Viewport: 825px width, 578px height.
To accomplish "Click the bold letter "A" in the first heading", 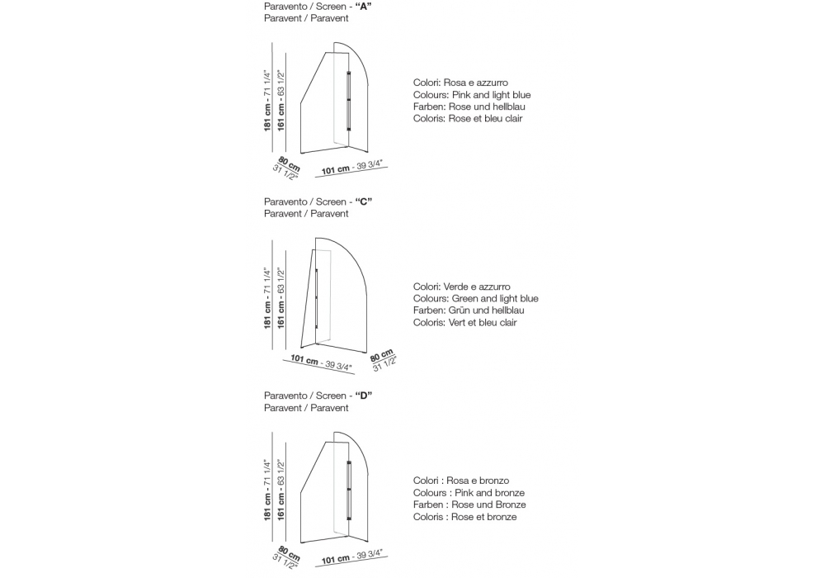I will pyautogui.click(x=364, y=7).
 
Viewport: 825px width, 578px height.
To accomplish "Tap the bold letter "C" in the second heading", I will pyautogui.click(x=364, y=201).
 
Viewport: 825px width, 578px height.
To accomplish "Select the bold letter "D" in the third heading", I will pyautogui.click(x=364, y=396).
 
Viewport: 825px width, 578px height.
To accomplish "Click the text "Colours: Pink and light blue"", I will pyautogui.click(x=472, y=95).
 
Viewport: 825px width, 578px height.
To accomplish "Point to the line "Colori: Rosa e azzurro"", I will pyautogui.click(x=460, y=83).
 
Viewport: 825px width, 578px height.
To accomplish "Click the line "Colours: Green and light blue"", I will pyautogui.click(x=476, y=299).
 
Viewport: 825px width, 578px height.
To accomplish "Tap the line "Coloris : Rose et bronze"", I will pyautogui.click(x=465, y=516).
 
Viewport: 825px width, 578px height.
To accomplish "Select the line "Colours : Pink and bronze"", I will pyautogui.click(x=469, y=493).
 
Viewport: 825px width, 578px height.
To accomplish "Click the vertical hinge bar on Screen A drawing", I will pyautogui.click(x=349, y=101).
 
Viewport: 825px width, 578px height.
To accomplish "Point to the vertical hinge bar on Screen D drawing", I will pyautogui.click(x=350, y=490).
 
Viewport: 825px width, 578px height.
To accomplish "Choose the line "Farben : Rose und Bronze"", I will pyautogui.click(x=469, y=505).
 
